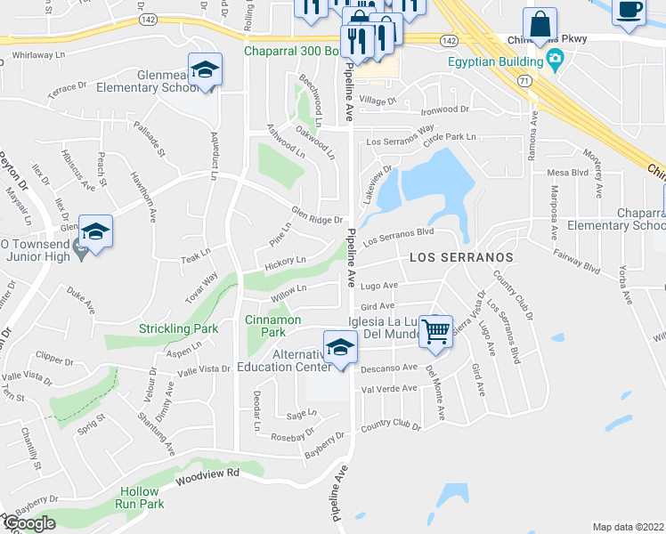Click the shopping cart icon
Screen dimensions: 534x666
pos(436,331)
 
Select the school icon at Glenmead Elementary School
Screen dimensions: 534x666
pos(205,73)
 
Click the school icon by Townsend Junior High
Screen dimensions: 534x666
pos(95,231)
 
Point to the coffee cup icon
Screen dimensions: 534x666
pos(629,11)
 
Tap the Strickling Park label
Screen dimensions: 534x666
pos(178,328)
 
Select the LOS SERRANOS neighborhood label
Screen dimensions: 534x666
pos(462,256)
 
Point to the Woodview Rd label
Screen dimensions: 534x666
pos(207,476)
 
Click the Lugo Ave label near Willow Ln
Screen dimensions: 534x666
pos(378,286)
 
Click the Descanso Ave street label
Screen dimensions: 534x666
pos(390,367)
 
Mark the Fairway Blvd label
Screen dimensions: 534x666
pos(580,264)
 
